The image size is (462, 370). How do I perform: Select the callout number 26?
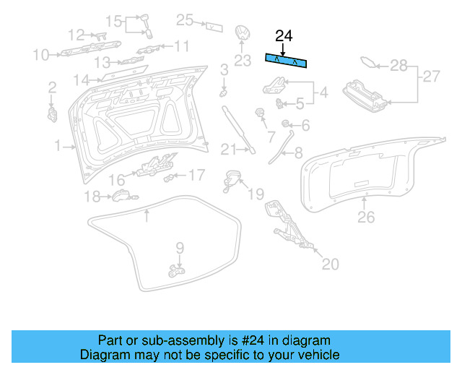point(367,216)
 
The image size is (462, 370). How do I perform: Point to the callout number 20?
point(329,264)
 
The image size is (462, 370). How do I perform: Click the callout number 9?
point(180,248)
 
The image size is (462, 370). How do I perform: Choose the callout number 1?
point(57,147)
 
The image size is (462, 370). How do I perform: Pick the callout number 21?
point(228,150)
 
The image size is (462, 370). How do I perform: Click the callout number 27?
point(431,76)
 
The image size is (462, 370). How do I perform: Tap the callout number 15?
point(115,20)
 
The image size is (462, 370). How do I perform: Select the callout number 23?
point(242,60)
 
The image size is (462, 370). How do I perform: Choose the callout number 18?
point(92,196)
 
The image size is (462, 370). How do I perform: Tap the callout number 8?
point(298,152)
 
